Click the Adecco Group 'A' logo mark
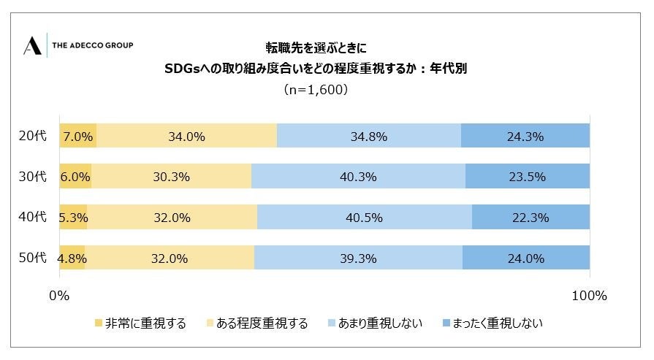coord(32,45)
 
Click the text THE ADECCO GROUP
coord(93,45)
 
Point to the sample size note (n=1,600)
coord(315,91)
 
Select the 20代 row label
coord(34,136)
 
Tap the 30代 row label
coord(34,176)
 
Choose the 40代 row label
coord(34,217)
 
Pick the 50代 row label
coord(34,258)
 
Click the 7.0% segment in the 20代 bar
coord(77,136)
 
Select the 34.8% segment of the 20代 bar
coord(368,136)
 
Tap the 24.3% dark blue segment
coord(525,136)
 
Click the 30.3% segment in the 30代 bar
coord(172,176)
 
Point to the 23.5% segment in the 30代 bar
coord(527,176)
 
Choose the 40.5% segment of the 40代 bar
coord(364,217)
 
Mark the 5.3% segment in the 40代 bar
coord(73,217)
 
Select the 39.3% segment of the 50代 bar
coord(358,258)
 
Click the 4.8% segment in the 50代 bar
coord(72,258)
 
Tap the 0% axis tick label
coord(58,296)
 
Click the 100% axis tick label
coord(589,296)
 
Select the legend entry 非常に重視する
coord(140,323)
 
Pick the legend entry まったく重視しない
coord(493,323)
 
